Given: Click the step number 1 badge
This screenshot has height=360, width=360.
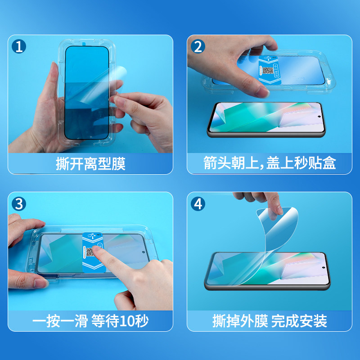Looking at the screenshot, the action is click(19, 46).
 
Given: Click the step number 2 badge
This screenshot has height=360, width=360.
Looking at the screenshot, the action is click(198, 46).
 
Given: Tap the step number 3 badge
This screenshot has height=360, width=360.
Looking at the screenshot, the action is click(19, 204).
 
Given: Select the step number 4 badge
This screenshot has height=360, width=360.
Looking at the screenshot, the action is click(198, 204).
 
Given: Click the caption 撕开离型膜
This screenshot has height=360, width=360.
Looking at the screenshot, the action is click(90, 164).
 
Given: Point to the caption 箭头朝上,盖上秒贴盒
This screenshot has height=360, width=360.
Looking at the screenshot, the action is click(270, 163).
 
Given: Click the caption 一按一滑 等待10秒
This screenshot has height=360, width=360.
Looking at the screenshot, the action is click(90, 321).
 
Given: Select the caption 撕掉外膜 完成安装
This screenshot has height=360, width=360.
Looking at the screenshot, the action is click(270, 321).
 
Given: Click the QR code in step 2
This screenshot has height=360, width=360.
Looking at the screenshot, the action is click(268, 71).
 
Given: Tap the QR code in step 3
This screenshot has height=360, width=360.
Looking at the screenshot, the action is click(90, 252).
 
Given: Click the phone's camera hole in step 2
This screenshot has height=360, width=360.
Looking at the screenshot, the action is click(319, 117).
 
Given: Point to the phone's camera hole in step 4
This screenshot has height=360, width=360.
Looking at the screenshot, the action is click(324, 268).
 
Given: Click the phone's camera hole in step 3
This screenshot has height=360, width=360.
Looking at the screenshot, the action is click(144, 252).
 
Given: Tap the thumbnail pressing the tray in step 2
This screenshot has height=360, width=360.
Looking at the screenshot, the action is click(262, 92).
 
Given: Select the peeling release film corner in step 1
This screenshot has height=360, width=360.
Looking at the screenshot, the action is click(119, 73).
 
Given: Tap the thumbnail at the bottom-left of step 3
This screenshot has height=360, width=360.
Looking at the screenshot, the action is click(41, 283).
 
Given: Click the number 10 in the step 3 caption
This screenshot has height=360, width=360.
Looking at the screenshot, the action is click(127, 321).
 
